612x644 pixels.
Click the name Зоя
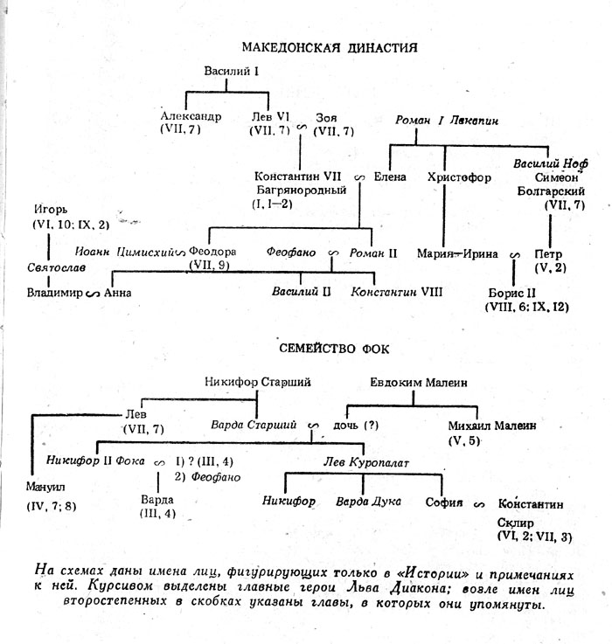coord(328,116)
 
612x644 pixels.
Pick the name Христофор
coord(456,176)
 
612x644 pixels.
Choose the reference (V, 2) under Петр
coord(551,267)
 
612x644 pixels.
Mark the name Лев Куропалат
coord(359,460)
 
